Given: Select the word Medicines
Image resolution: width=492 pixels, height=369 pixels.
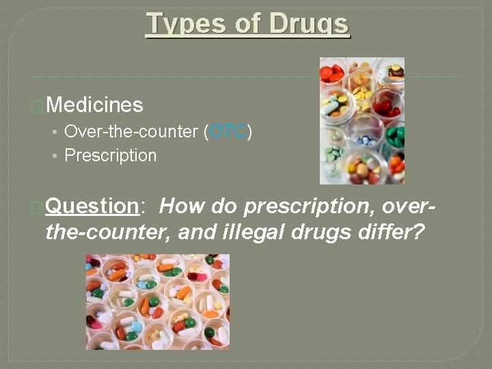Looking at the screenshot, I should tap(95, 105).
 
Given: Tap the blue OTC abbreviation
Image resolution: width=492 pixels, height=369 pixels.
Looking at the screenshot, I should tap(228, 132).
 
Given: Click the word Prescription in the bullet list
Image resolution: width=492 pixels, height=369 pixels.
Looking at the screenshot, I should tap(110, 156).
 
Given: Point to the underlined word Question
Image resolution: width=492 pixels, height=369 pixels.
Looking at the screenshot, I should tap(92, 206).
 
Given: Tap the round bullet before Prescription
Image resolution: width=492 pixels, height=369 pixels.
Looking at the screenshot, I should tap(54, 156).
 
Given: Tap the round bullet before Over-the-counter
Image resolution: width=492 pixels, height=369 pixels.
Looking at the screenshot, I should tap(54, 132).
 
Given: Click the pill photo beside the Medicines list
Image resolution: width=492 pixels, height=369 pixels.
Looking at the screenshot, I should tap(362, 121).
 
